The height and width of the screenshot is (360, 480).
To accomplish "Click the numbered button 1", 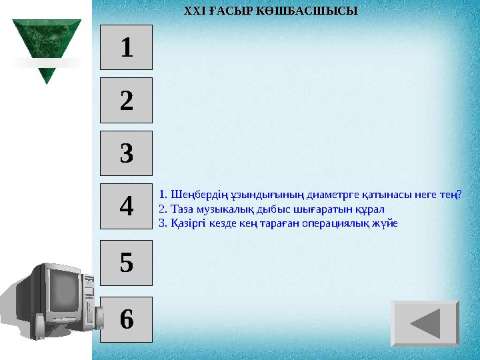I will (x=126, y=47).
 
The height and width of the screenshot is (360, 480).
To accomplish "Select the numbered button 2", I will (x=126, y=101).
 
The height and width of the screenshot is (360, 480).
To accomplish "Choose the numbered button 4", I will (x=126, y=206).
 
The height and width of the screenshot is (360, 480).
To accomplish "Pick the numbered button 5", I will (x=126, y=262).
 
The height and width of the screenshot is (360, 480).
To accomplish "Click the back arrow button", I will (x=425, y=323).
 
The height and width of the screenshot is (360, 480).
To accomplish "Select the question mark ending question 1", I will (x=459, y=195).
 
